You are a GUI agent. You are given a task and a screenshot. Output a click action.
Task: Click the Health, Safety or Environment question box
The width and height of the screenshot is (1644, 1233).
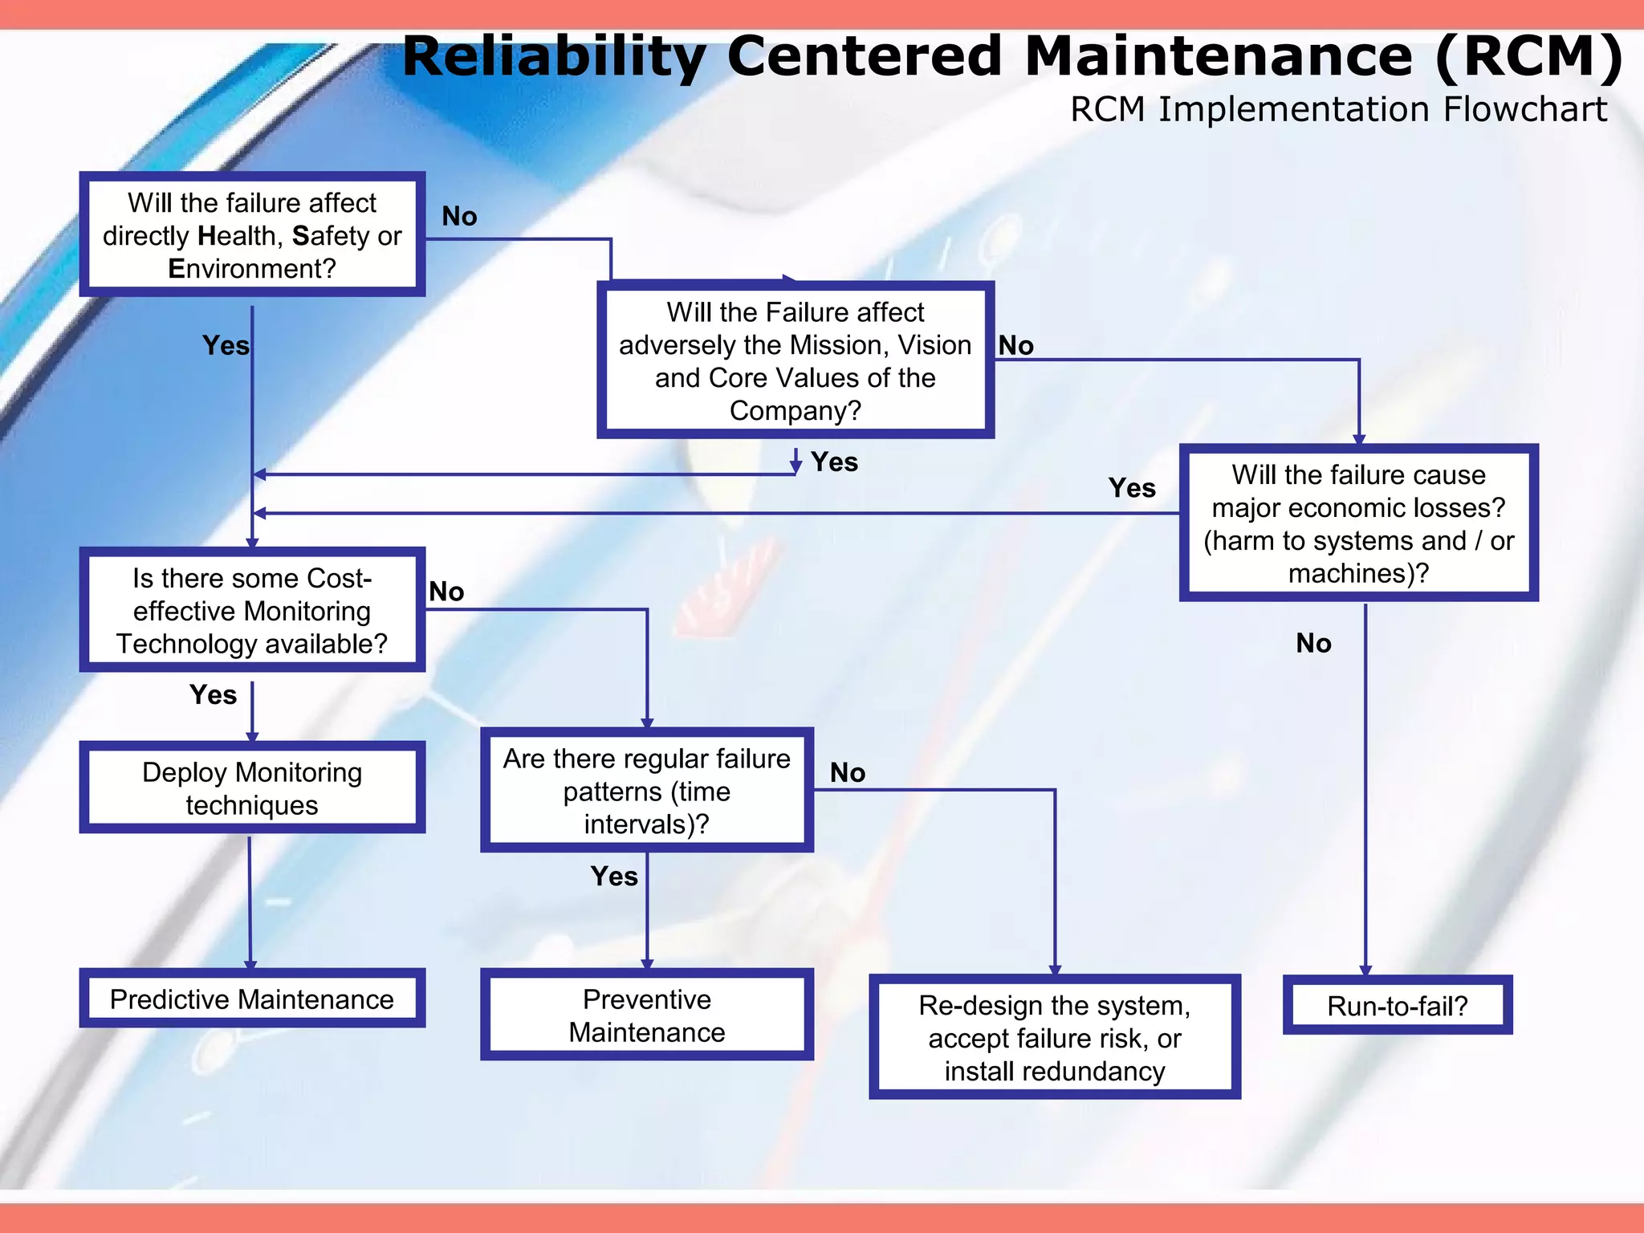click(x=251, y=234)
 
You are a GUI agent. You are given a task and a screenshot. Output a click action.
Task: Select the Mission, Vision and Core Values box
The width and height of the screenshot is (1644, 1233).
click(x=795, y=360)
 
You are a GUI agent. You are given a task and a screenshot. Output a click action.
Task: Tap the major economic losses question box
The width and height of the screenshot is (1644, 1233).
click(x=1357, y=523)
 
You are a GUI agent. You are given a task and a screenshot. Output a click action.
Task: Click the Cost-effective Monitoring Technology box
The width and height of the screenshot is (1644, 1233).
click(x=251, y=610)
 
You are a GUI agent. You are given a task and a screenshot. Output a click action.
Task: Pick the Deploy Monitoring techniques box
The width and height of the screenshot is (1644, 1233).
click(x=251, y=787)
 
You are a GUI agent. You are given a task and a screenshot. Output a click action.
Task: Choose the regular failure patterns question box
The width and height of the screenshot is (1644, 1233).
click(x=646, y=791)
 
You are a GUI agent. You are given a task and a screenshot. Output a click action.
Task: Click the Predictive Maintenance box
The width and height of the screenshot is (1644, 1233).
click(x=251, y=999)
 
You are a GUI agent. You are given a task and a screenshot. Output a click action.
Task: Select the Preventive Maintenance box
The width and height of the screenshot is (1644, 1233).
click(x=646, y=1015)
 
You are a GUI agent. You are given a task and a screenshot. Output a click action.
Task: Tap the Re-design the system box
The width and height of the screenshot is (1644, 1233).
click(x=1054, y=1037)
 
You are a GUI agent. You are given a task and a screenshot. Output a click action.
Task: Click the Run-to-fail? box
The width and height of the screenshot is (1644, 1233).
click(x=1397, y=1005)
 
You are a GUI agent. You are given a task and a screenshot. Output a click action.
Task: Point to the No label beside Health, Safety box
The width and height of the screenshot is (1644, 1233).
click(x=459, y=216)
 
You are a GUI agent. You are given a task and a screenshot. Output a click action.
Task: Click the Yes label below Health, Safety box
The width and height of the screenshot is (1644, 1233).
click(x=226, y=345)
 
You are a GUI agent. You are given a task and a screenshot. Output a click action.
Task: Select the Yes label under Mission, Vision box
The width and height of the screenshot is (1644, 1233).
click(x=834, y=462)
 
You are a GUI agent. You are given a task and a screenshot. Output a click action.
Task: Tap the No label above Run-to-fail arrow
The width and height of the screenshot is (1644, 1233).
click(x=1313, y=643)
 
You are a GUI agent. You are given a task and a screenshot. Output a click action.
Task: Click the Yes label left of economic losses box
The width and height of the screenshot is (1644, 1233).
click(x=1132, y=487)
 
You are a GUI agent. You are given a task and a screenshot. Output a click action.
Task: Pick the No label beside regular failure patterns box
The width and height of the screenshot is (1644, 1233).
click(x=848, y=772)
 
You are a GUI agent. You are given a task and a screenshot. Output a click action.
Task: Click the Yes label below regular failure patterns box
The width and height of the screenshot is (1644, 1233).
click(x=614, y=876)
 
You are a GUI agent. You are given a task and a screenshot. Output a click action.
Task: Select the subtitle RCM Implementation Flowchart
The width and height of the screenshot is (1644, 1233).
click(x=1338, y=109)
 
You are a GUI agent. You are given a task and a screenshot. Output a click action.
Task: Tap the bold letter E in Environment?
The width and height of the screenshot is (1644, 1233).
click(x=177, y=268)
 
